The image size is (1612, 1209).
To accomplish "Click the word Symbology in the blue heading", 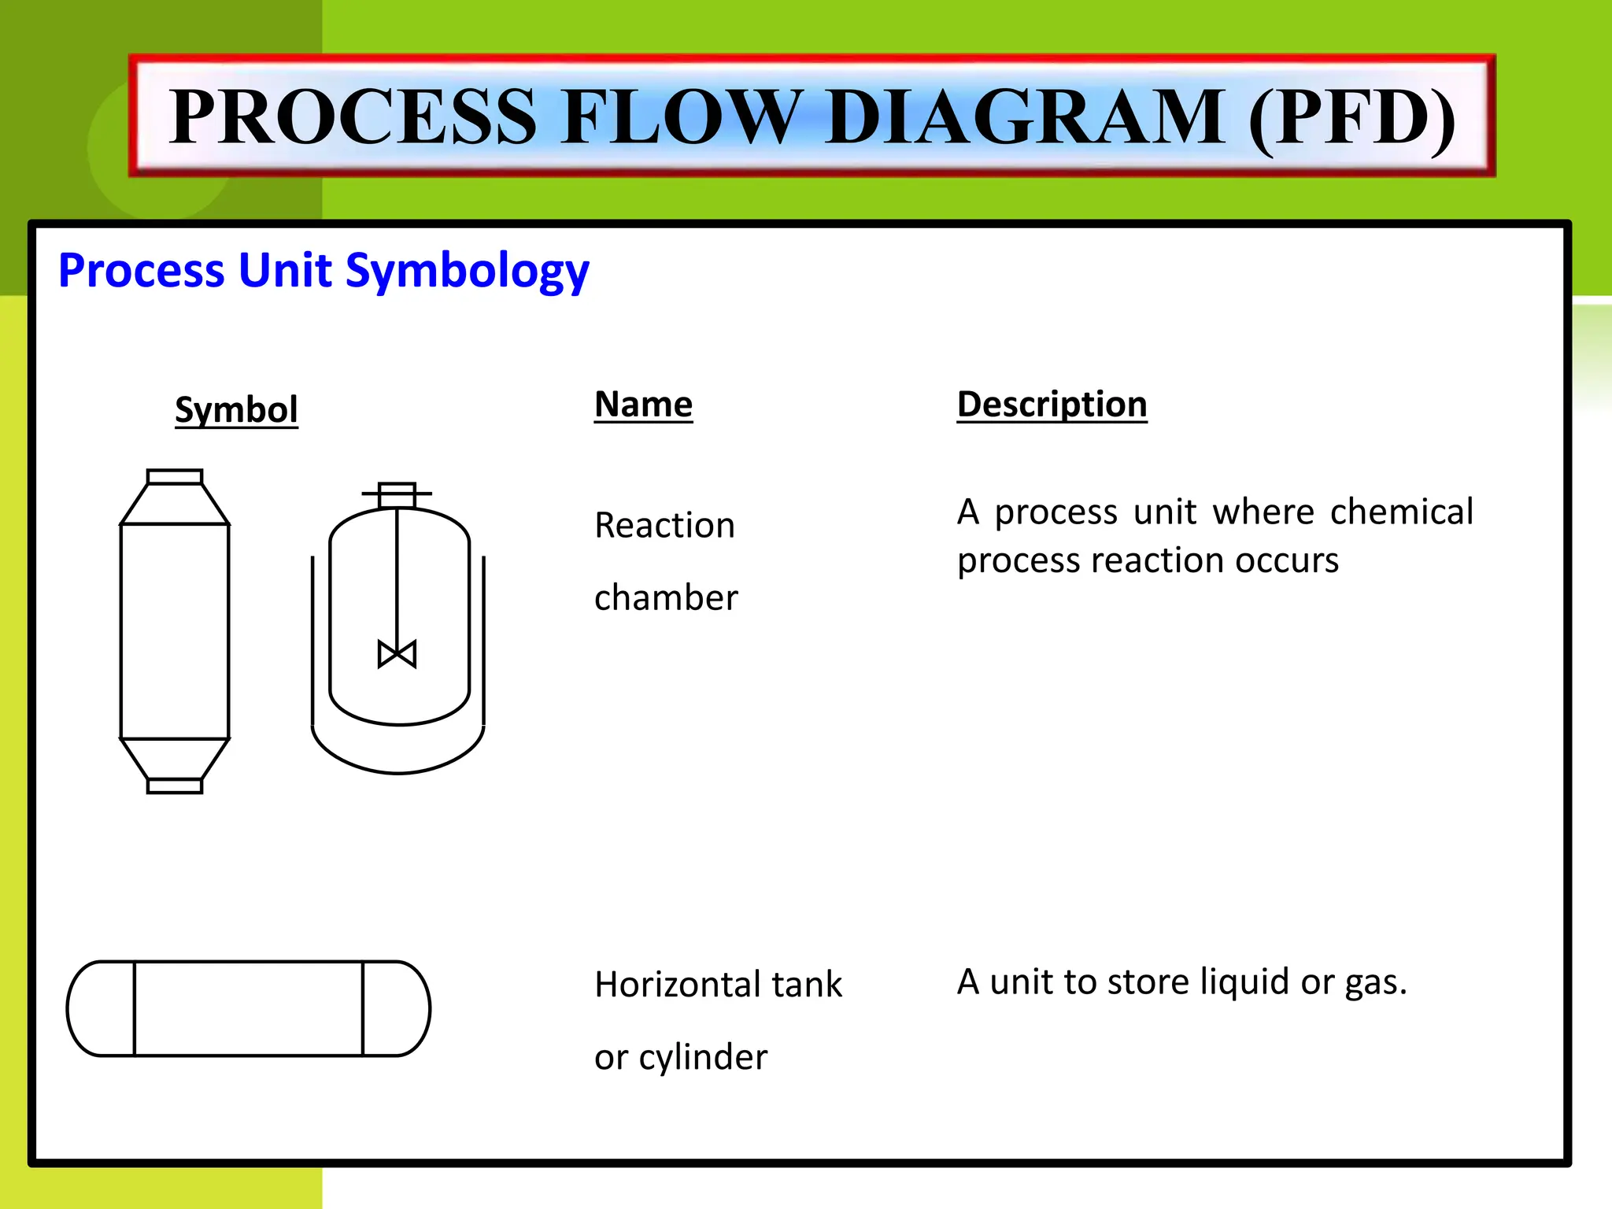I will point(467,270).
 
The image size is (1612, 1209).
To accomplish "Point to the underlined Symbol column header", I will point(236,409).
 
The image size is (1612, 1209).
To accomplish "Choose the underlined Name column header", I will point(643,405).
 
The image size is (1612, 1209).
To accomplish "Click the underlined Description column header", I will point(1052,405).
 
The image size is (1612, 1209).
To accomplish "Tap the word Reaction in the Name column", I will point(664,525).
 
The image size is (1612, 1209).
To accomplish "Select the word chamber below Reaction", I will point(666,597).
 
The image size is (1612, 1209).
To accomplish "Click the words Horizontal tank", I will point(718,984).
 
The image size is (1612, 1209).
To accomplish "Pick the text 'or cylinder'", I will point(680,1056).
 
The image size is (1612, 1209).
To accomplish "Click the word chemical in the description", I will point(1401,512).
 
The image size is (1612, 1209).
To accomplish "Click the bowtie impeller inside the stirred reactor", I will point(397,654).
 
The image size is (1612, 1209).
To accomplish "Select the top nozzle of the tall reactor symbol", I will point(175,476).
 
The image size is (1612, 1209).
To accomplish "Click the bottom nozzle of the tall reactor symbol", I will point(175,786).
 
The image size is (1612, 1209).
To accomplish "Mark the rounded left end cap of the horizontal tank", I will point(101,1008).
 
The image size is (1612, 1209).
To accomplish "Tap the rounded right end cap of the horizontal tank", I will point(397,1008).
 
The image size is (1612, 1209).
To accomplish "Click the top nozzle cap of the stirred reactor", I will point(397,495).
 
